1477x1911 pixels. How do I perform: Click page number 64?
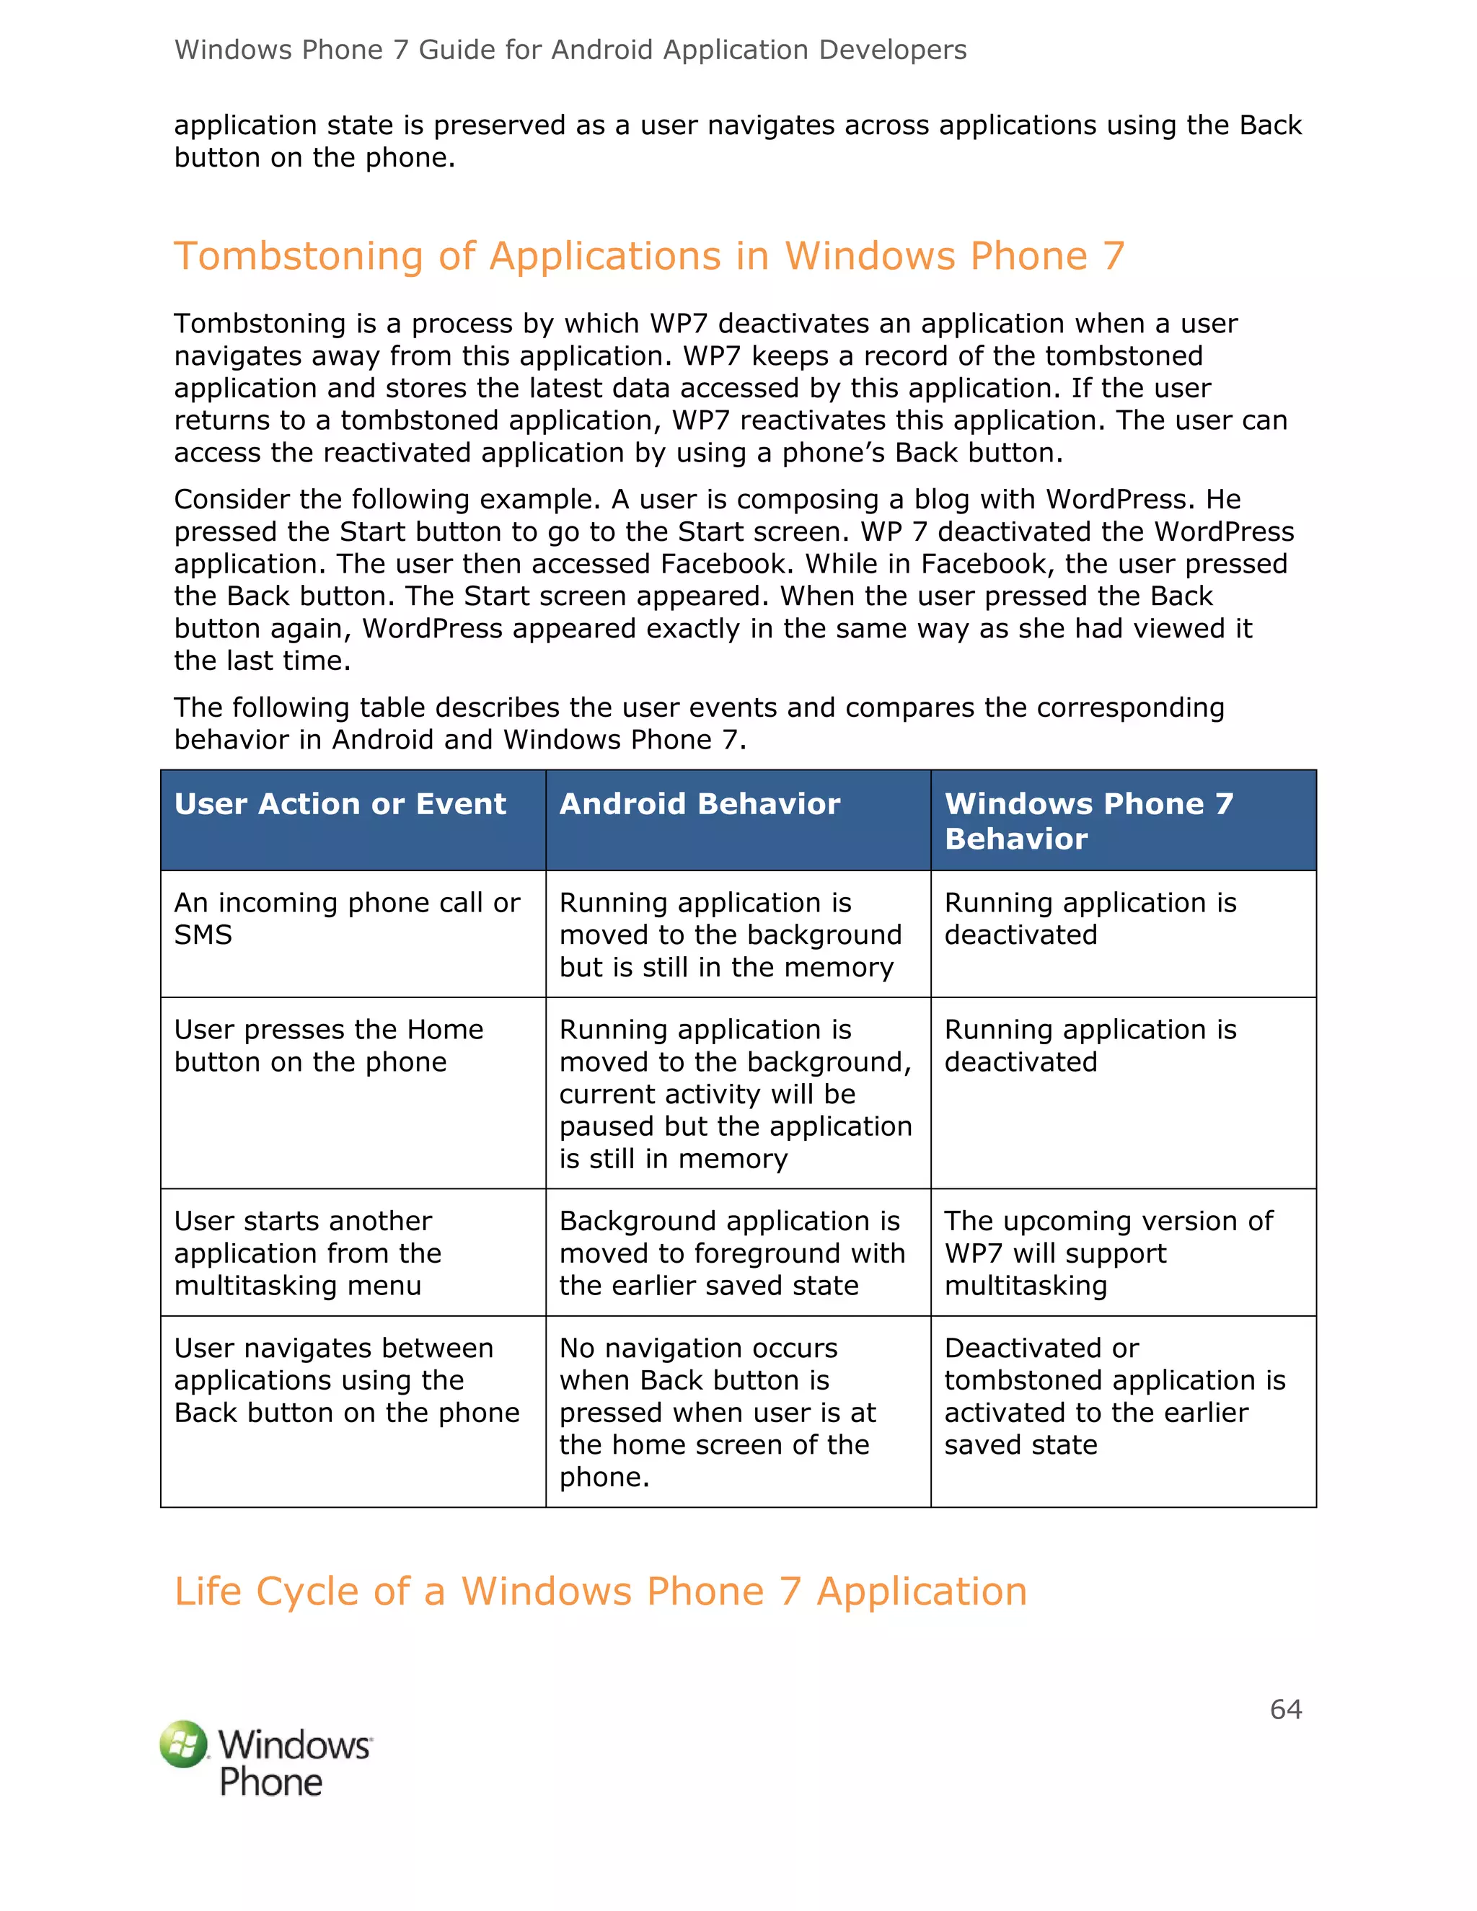tap(1285, 1709)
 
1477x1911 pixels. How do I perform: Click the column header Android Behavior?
tap(699, 804)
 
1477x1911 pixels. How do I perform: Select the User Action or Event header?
tap(340, 804)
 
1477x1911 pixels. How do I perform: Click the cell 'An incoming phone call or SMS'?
tap(348, 919)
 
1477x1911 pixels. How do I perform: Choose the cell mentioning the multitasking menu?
tap(308, 1253)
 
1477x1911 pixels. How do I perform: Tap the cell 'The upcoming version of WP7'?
tap(1108, 1253)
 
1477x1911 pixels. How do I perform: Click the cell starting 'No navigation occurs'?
tap(718, 1412)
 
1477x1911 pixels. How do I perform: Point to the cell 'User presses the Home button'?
tap(328, 1046)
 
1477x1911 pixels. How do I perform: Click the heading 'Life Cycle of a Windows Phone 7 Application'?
tap(600, 1591)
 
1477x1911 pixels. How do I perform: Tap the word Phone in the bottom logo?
tap(270, 1781)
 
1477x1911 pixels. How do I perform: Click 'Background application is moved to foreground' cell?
tap(731, 1253)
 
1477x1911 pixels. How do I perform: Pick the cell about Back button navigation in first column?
tap(346, 1381)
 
